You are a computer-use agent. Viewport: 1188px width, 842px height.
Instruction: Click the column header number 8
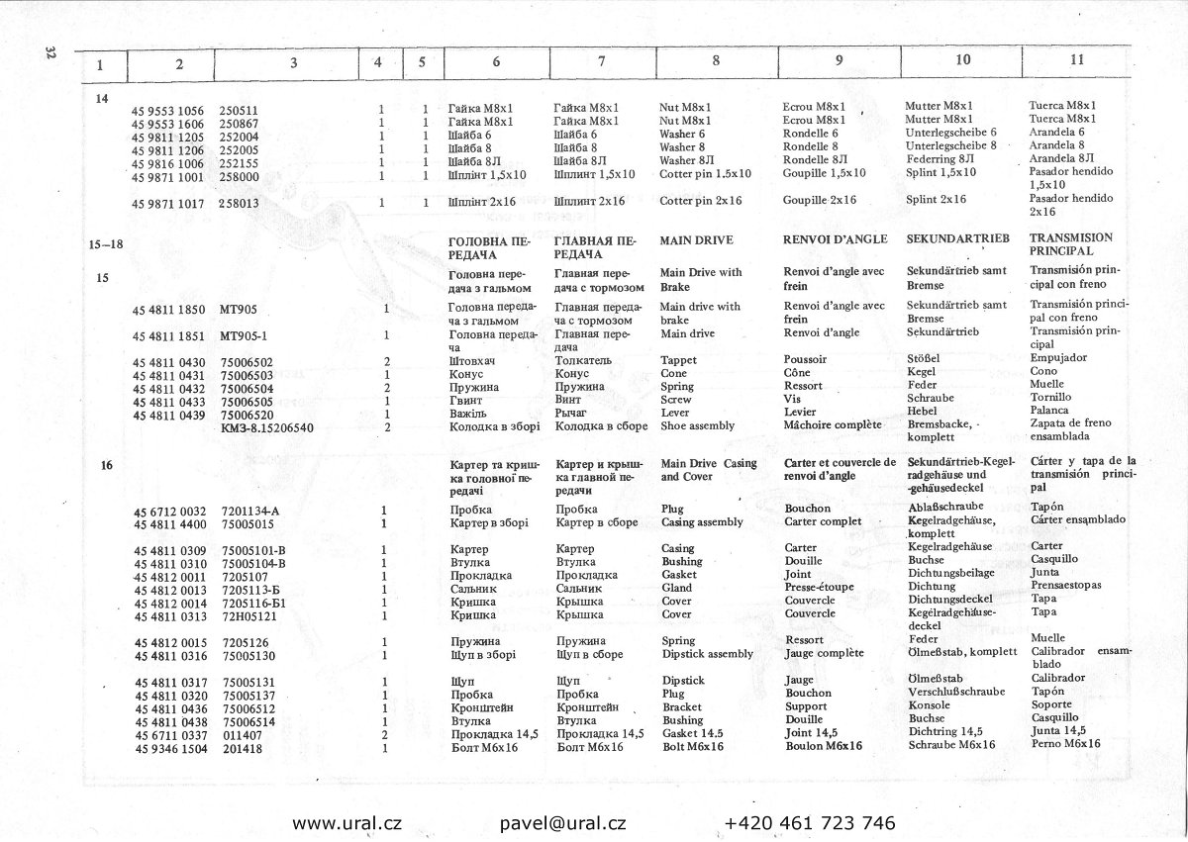pos(716,61)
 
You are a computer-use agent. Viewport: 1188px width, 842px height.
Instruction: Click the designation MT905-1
pos(244,334)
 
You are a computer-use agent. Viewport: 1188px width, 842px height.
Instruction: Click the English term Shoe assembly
pos(697,426)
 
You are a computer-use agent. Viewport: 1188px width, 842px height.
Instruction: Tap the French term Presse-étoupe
pos(819,587)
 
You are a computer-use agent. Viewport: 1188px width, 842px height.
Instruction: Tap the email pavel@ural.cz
pos(562,823)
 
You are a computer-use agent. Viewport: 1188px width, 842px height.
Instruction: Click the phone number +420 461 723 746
pos(810,823)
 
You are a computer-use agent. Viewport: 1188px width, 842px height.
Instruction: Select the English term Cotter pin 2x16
pos(700,201)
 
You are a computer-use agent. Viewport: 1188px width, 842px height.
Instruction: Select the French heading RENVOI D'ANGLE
pos(832,239)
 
